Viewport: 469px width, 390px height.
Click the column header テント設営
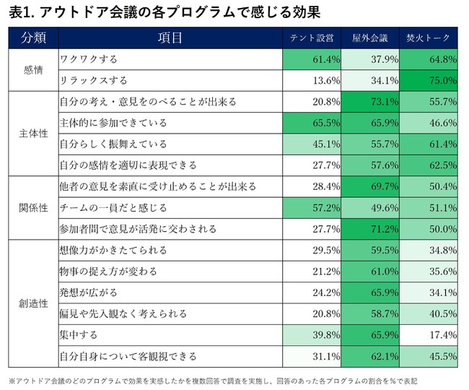click(x=311, y=38)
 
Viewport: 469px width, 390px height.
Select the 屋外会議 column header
click(x=371, y=38)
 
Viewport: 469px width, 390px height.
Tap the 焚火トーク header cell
click(x=429, y=38)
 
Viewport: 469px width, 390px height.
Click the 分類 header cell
click(x=32, y=38)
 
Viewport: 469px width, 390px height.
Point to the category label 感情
click(x=32, y=69)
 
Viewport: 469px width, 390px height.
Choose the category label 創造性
click(x=32, y=303)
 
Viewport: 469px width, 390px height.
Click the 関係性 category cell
click(x=32, y=207)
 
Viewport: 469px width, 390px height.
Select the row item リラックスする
click(x=94, y=80)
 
